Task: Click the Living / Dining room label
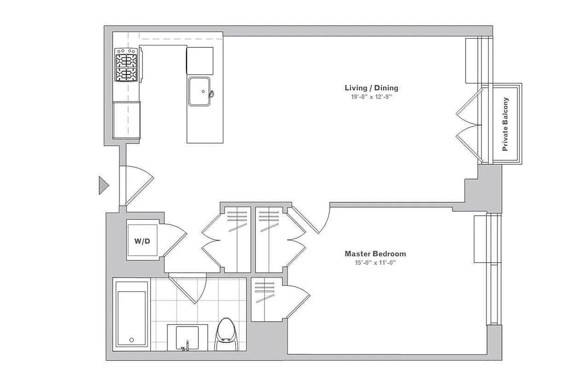coord(371,88)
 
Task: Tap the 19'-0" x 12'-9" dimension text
coord(371,98)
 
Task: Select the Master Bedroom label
coord(376,253)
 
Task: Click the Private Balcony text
coord(505,124)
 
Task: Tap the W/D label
coord(142,241)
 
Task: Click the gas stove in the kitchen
coord(127,65)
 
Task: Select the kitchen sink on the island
coord(199,91)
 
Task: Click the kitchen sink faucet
coord(211,94)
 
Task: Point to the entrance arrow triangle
coord(103,185)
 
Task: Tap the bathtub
coord(132,316)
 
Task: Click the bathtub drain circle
coord(132,340)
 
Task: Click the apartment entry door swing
coord(137,184)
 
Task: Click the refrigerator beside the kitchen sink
coord(200,60)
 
